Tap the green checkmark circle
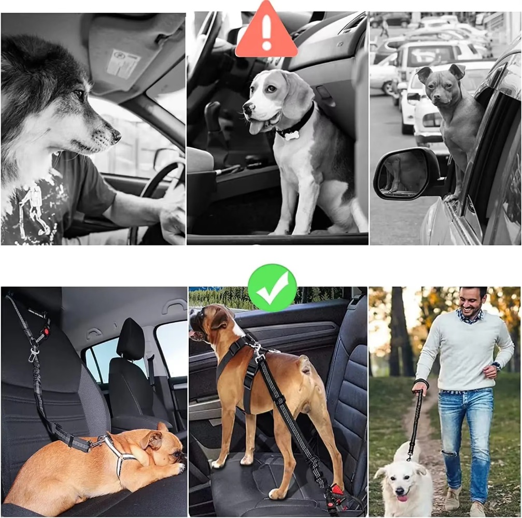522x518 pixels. pyautogui.click(x=272, y=288)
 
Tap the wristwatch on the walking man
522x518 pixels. pyautogui.click(x=496, y=366)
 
